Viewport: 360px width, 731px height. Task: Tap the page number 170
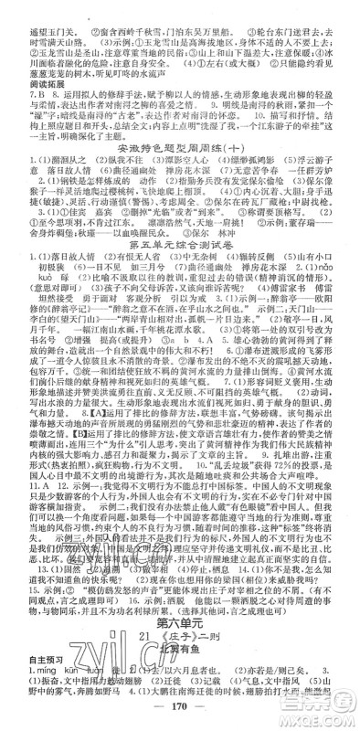[180, 704]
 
